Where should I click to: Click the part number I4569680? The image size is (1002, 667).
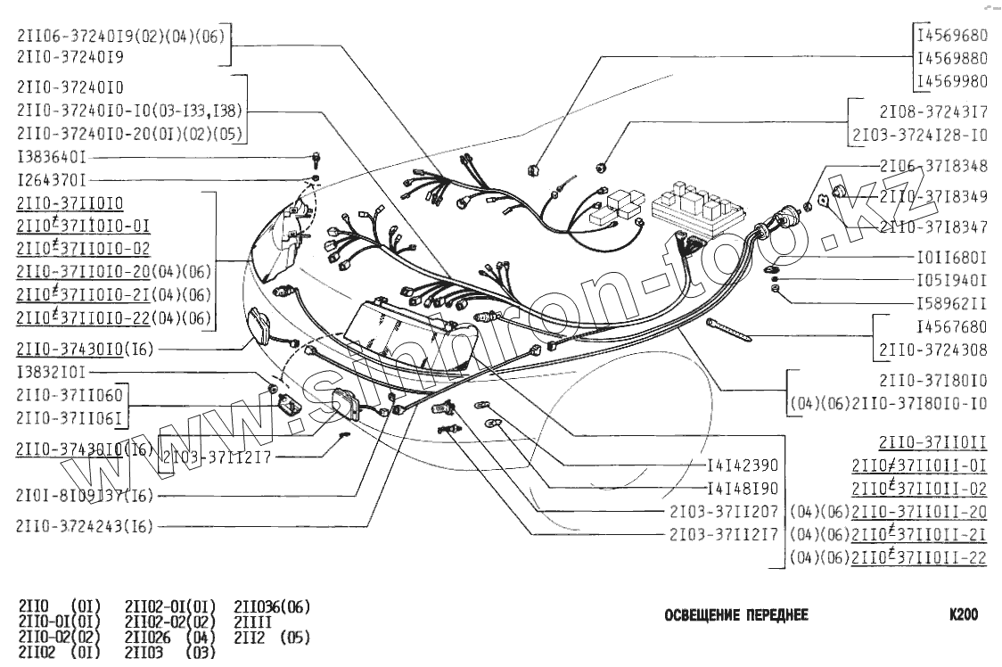[952, 37]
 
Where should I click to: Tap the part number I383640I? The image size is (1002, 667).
[52, 157]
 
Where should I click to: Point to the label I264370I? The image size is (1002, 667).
[52, 179]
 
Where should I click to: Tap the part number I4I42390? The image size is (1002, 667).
[743, 465]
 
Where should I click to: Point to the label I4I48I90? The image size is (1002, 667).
[743, 489]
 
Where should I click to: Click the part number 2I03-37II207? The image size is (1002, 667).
[724, 512]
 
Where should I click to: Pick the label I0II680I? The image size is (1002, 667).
[952, 258]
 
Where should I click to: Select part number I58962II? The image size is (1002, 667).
[952, 302]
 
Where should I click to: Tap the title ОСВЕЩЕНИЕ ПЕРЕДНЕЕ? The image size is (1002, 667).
[736, 615]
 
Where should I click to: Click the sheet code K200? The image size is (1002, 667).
[964, 614]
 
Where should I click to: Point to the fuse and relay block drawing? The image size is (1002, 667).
[694, 206]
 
